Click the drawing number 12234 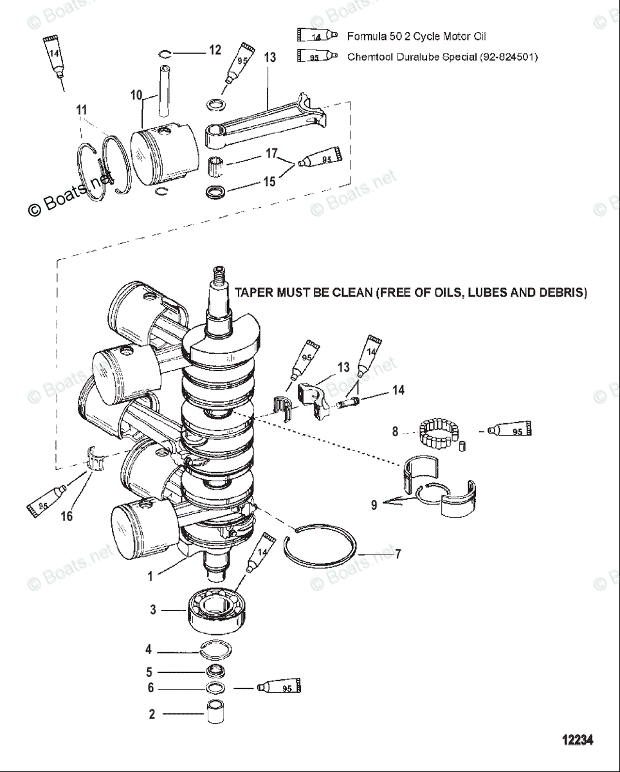(577, 740)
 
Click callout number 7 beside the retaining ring (398, 553)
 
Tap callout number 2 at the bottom (152, 714)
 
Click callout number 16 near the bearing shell (67, 516)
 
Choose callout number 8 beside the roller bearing (396, 432)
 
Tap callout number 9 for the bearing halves (374, 505)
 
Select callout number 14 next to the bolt (399, 390)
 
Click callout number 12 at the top (215, 50)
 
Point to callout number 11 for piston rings (81, 110)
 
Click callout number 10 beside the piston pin (136, 95)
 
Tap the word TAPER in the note (255, 293)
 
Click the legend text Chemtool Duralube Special (412, 57)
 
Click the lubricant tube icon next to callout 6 (279, 688)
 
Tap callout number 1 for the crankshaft (150, 576)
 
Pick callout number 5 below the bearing (149, 672)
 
